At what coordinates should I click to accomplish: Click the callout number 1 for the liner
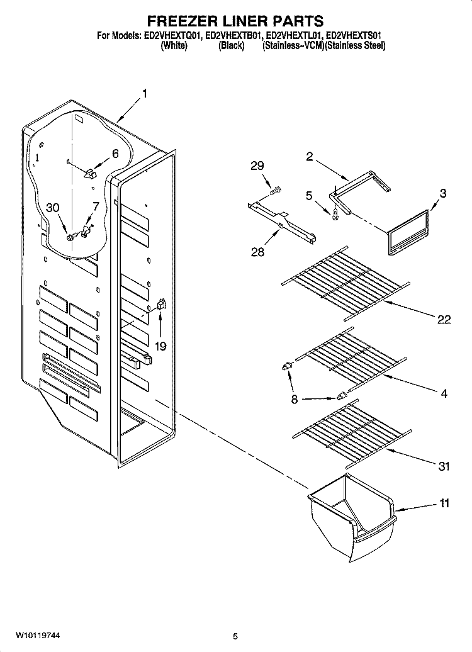145,94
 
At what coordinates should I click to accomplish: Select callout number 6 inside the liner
115,153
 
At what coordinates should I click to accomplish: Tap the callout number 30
53,209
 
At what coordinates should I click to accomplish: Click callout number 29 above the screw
257,166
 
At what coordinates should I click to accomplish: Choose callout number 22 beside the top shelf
444,319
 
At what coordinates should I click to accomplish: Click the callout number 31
444,466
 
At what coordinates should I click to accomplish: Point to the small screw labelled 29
274,189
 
